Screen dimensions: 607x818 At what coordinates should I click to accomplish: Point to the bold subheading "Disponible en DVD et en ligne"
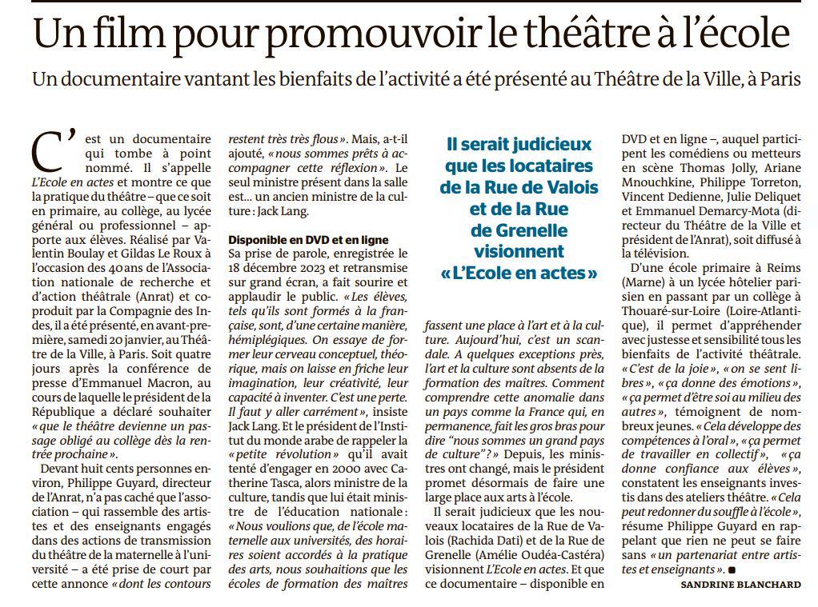[x=308, y=240]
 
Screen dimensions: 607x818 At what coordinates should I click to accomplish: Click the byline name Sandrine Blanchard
[x=740, y=585]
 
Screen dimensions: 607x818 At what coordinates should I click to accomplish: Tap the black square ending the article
[x=731, y=570]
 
